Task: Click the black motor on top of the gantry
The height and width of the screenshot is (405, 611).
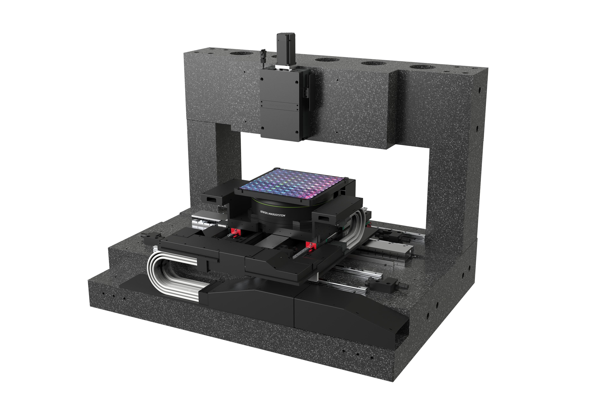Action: coord(286,49)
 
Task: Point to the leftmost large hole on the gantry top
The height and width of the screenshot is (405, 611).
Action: coord(242,54)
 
